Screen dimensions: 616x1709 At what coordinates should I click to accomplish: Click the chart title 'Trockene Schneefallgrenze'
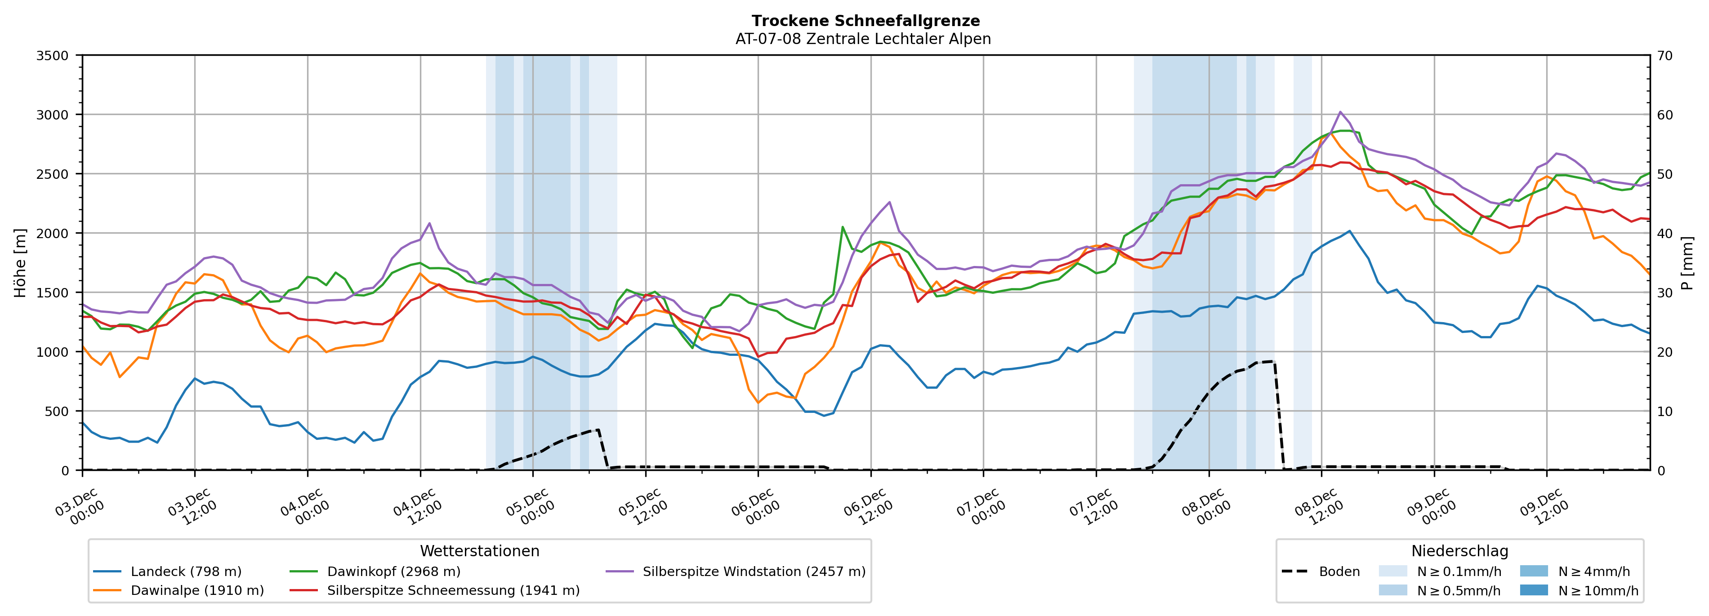(865, 21)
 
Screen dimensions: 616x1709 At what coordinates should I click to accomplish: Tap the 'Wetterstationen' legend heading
(480, 551)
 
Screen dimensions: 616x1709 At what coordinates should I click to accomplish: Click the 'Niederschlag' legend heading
(1459, 551)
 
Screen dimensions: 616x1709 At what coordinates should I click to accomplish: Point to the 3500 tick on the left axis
(53, 56)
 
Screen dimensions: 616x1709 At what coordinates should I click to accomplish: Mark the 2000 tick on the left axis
(53, 233)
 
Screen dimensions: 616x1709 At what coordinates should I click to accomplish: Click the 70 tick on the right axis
(1665, 56)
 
